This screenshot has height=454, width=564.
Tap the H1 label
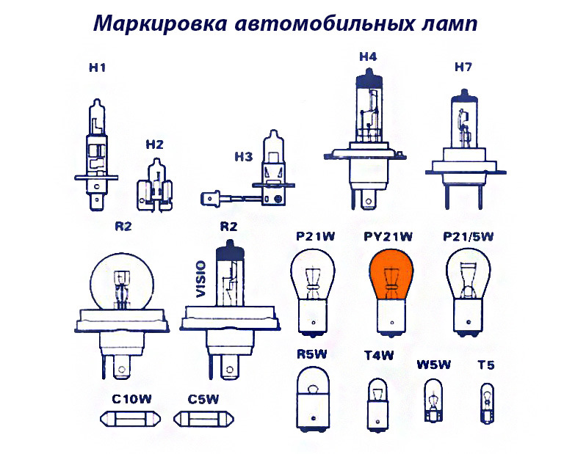tap(97, 68)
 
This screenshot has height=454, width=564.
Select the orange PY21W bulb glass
tap(388, 276)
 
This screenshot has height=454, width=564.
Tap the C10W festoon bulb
tap(131, 420)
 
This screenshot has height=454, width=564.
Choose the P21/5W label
tap(469, 236)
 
